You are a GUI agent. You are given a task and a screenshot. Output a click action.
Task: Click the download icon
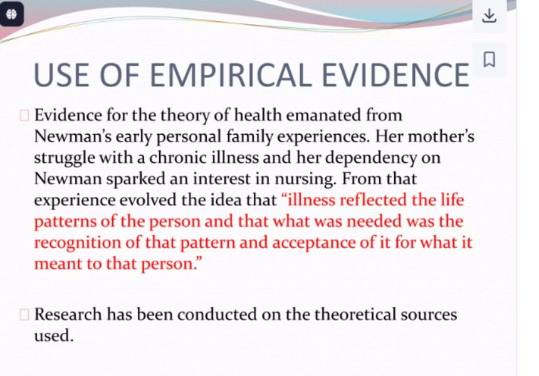click(489, 16)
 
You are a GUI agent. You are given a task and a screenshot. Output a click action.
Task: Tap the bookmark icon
click(489, 60)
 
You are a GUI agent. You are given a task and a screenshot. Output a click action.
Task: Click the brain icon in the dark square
click(11, 14)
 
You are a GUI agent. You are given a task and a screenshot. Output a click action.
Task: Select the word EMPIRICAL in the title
click(231, 75)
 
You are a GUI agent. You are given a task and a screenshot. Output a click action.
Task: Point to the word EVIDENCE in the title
click(395, 75)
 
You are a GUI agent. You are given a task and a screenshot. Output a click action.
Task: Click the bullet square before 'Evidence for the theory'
click(24, 115)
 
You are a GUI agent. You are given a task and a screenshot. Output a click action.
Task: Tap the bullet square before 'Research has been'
click(24, 315)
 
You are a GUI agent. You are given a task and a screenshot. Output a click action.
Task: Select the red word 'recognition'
click(77, 243)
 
